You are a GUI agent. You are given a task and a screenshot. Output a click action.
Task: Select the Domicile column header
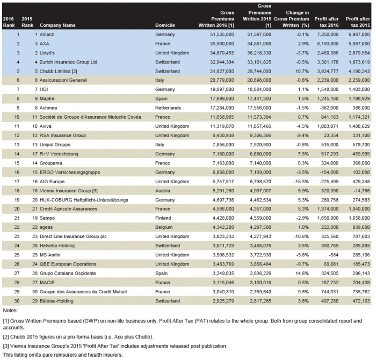coord(165,25)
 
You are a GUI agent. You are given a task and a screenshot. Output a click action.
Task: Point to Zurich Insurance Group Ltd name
coord(68,61)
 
